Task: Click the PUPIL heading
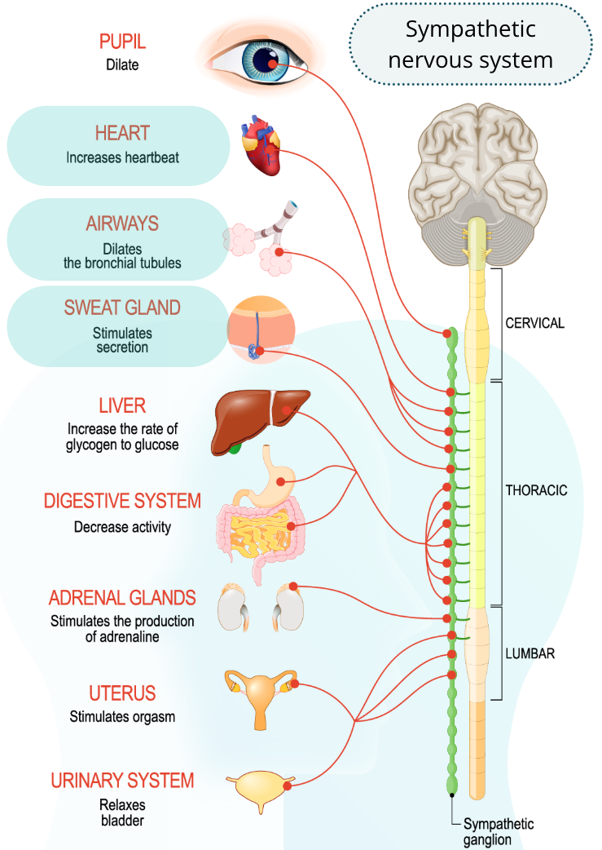[122, 42]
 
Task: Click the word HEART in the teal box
[122, 133]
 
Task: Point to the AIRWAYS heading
[122, 224]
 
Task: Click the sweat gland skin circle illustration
[261, 329]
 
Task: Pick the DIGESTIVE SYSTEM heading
[122, 501]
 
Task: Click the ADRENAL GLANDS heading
[122, 598]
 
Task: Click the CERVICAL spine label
[535, 323]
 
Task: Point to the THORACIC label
[537, 490]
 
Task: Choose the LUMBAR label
[530, 653]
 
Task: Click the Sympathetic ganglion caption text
[499, 831]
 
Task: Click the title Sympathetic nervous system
[471, 44]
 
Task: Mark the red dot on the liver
[287, 410]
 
